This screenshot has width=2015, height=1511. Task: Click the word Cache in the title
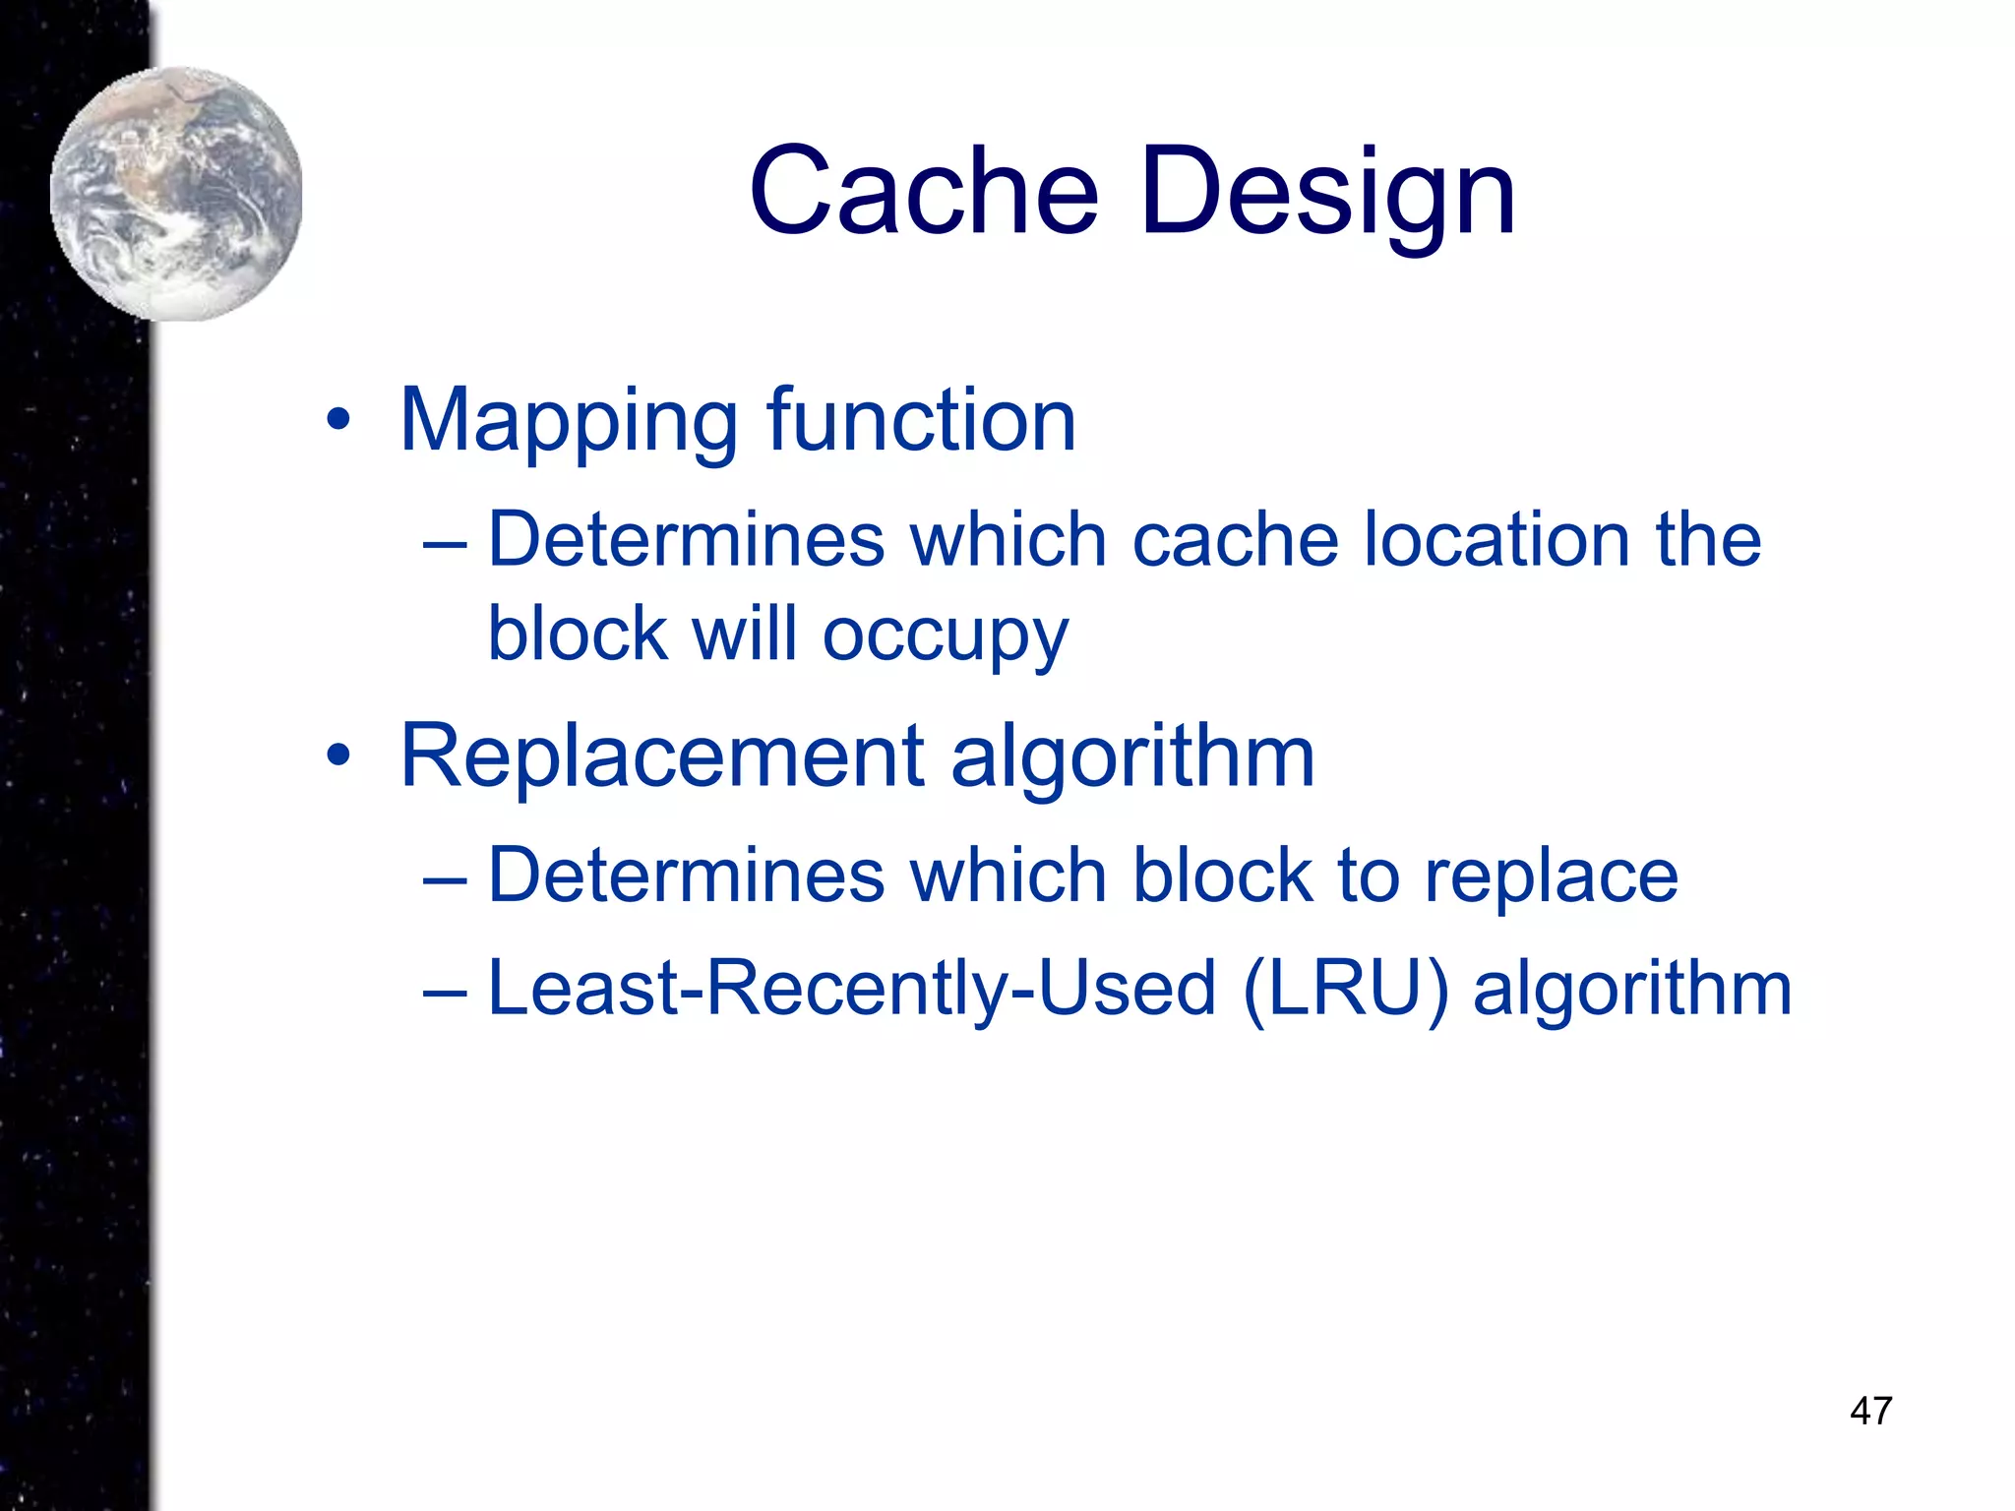pos(923,191)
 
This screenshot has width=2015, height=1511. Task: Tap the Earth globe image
pos(177,194)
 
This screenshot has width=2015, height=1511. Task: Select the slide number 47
pos(1870,1411)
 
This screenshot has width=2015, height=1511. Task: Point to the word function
pos(921,420)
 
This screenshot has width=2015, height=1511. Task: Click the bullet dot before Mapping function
pos(338,421)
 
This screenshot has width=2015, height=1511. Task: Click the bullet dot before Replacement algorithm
pos(338,755)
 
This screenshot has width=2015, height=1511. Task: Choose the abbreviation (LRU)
pos(1346,989)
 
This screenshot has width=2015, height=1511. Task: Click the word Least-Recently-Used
pos(852,989)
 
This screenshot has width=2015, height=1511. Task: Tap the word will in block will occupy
pos(744,634)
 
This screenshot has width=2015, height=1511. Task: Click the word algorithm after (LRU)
pos(1632,989)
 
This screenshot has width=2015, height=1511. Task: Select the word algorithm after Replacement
pos(1132,757)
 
